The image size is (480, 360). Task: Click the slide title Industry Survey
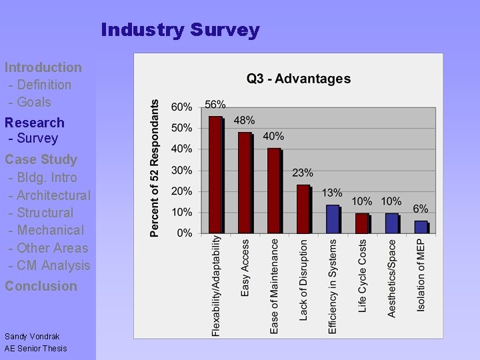point(180,30)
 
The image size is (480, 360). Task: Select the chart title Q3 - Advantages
point(299,79)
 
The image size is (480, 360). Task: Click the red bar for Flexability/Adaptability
point(215,175)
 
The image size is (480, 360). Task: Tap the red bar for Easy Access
point(245,183)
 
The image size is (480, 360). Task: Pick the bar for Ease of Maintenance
point(274,191)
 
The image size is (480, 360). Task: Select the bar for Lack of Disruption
point(303,209)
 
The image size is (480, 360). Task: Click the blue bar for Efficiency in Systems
point(333,219)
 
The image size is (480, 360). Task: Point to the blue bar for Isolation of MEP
point(421,227)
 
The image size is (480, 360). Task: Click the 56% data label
point(215,105)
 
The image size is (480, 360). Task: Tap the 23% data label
point(303,173)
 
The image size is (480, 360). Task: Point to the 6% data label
point(421,209)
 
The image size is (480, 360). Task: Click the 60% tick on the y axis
point(181,107)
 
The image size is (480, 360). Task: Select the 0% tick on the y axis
point(184,233)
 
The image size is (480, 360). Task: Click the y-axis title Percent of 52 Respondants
point(155,169)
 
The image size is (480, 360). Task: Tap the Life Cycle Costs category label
point(363,276)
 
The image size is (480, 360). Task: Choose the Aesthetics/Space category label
point(392,279)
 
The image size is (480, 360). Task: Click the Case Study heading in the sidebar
point(41,159)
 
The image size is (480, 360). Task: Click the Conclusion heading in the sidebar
point(41,286)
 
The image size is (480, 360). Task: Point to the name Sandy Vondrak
point(32,337)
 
